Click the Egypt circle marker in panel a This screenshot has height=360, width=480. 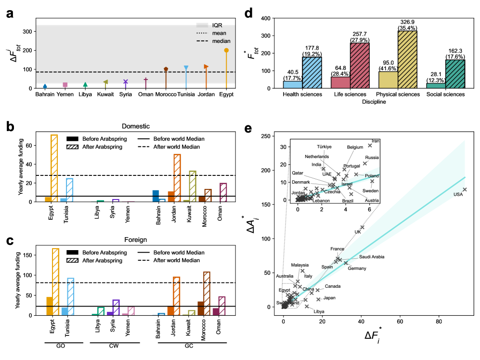click(226, 50)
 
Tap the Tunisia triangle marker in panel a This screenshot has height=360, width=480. click(186, 68)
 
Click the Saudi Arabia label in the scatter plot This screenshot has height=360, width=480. click(372, 257)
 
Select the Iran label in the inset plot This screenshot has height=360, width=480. click(376, 141)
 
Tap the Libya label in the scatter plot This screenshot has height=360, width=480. click(319, 311)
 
